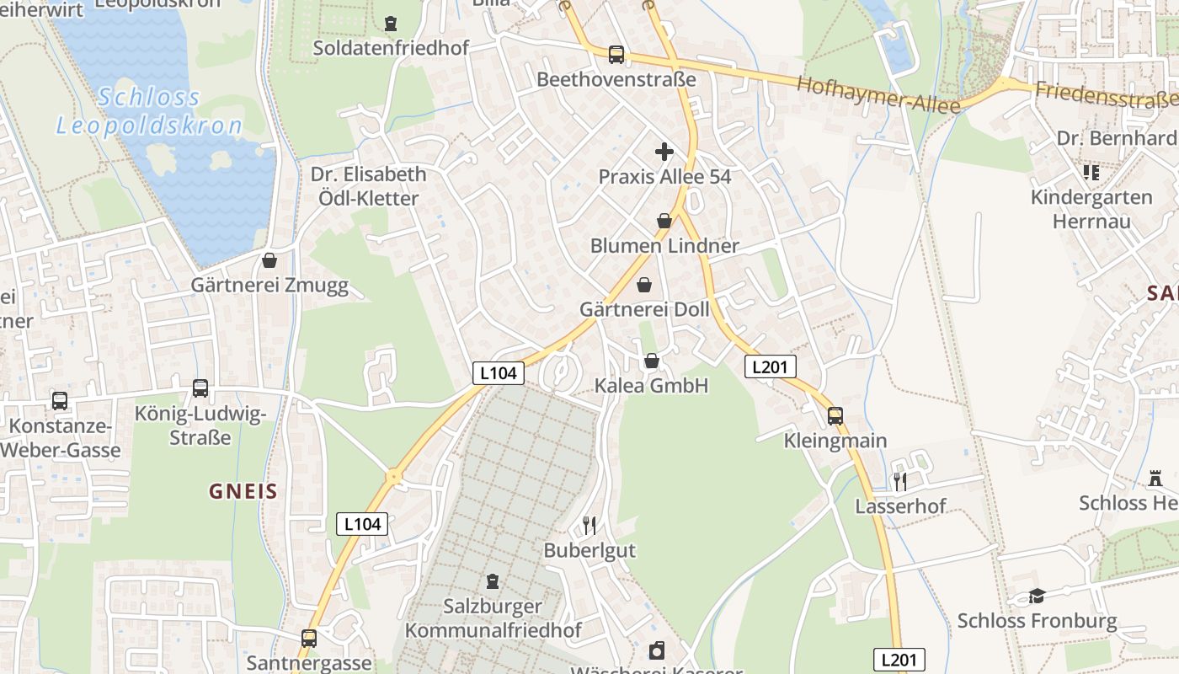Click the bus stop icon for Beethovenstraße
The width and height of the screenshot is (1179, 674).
(616, 55)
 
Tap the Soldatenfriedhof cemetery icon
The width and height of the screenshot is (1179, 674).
(391, 24)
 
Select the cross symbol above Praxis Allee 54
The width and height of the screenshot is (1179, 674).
(664, 152)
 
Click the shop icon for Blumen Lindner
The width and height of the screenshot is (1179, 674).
(664, 221)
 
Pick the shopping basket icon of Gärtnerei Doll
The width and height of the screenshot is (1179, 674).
(644, 285)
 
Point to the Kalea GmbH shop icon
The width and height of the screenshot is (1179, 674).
(652, 361)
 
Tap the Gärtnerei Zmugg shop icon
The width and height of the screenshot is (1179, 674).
(269, 260)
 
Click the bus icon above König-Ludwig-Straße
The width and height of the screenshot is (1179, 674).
(200, 388)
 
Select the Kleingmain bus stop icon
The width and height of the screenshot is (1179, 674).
(835, 415)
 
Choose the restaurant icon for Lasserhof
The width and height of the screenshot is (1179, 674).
(900, 481)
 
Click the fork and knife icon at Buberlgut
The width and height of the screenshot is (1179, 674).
(589, 526)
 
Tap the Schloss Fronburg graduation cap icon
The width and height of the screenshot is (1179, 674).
(1037, 596)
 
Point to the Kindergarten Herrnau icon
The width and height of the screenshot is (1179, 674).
(1092, 173)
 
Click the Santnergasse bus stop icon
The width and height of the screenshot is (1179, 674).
(309, 639)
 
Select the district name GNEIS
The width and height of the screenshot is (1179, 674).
(243, 491)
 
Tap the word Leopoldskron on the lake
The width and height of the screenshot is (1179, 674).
(149, 126)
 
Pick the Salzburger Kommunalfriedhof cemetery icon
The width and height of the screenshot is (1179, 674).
(493, 581)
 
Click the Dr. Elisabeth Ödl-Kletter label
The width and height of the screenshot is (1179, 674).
(368, 186)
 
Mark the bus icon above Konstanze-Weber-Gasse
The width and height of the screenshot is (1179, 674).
(60, 401)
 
